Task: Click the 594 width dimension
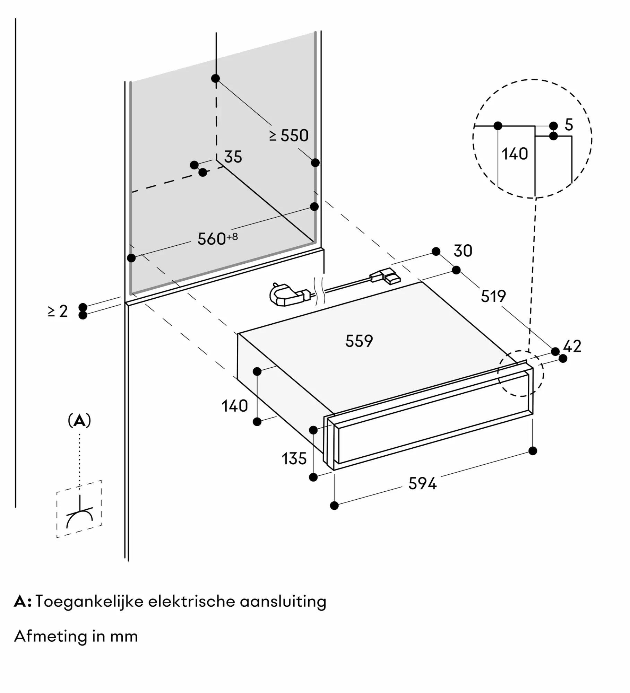pos(422,483)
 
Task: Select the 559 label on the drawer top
pos(359,341)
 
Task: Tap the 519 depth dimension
pos(493,296)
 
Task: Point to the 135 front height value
pos(294,459)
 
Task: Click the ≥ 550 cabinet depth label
pos(289,135)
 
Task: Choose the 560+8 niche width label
pos(217,239)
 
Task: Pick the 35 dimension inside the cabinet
pos(233,157)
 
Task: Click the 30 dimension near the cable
pos(463,251)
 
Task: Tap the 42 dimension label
pos(572,346)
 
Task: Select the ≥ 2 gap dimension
pos(58,311)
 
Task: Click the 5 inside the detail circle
pos(569,125)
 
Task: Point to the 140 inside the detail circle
pos(515,154)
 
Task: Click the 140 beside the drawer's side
pos(235,406)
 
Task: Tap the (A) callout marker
pos(79,421)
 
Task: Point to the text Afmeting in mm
pos(76,636)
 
